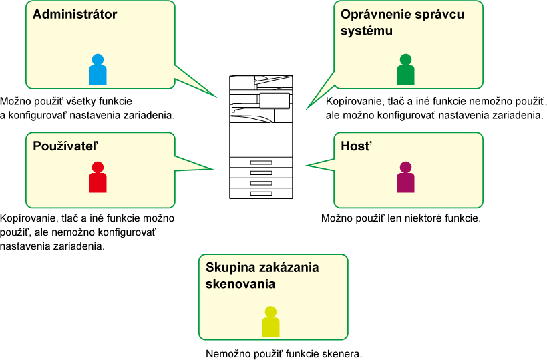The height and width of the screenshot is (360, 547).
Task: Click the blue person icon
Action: point(98,70)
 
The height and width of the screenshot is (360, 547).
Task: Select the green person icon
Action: point(405,70)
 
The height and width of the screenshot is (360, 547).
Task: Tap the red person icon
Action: point(98,178)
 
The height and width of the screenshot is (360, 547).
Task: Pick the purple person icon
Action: point(405,178)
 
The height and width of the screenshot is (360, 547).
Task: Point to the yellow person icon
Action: point(270,322)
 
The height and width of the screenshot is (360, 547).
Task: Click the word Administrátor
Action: point(75,14)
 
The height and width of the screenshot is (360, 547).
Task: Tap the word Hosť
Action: point(356,146)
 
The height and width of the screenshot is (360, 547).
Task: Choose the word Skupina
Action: point(230,268)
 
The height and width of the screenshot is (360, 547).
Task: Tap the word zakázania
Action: point(288,268)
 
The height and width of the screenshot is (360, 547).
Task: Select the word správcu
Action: point(441,15)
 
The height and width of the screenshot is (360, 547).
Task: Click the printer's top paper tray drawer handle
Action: point(261,163)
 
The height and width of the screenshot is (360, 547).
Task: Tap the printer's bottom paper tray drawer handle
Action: point(261,193)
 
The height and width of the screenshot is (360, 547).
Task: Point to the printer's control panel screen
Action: point(275,100)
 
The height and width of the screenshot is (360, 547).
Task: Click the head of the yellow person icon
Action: point(270,312)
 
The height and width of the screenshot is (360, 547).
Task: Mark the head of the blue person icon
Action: point(98,59)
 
